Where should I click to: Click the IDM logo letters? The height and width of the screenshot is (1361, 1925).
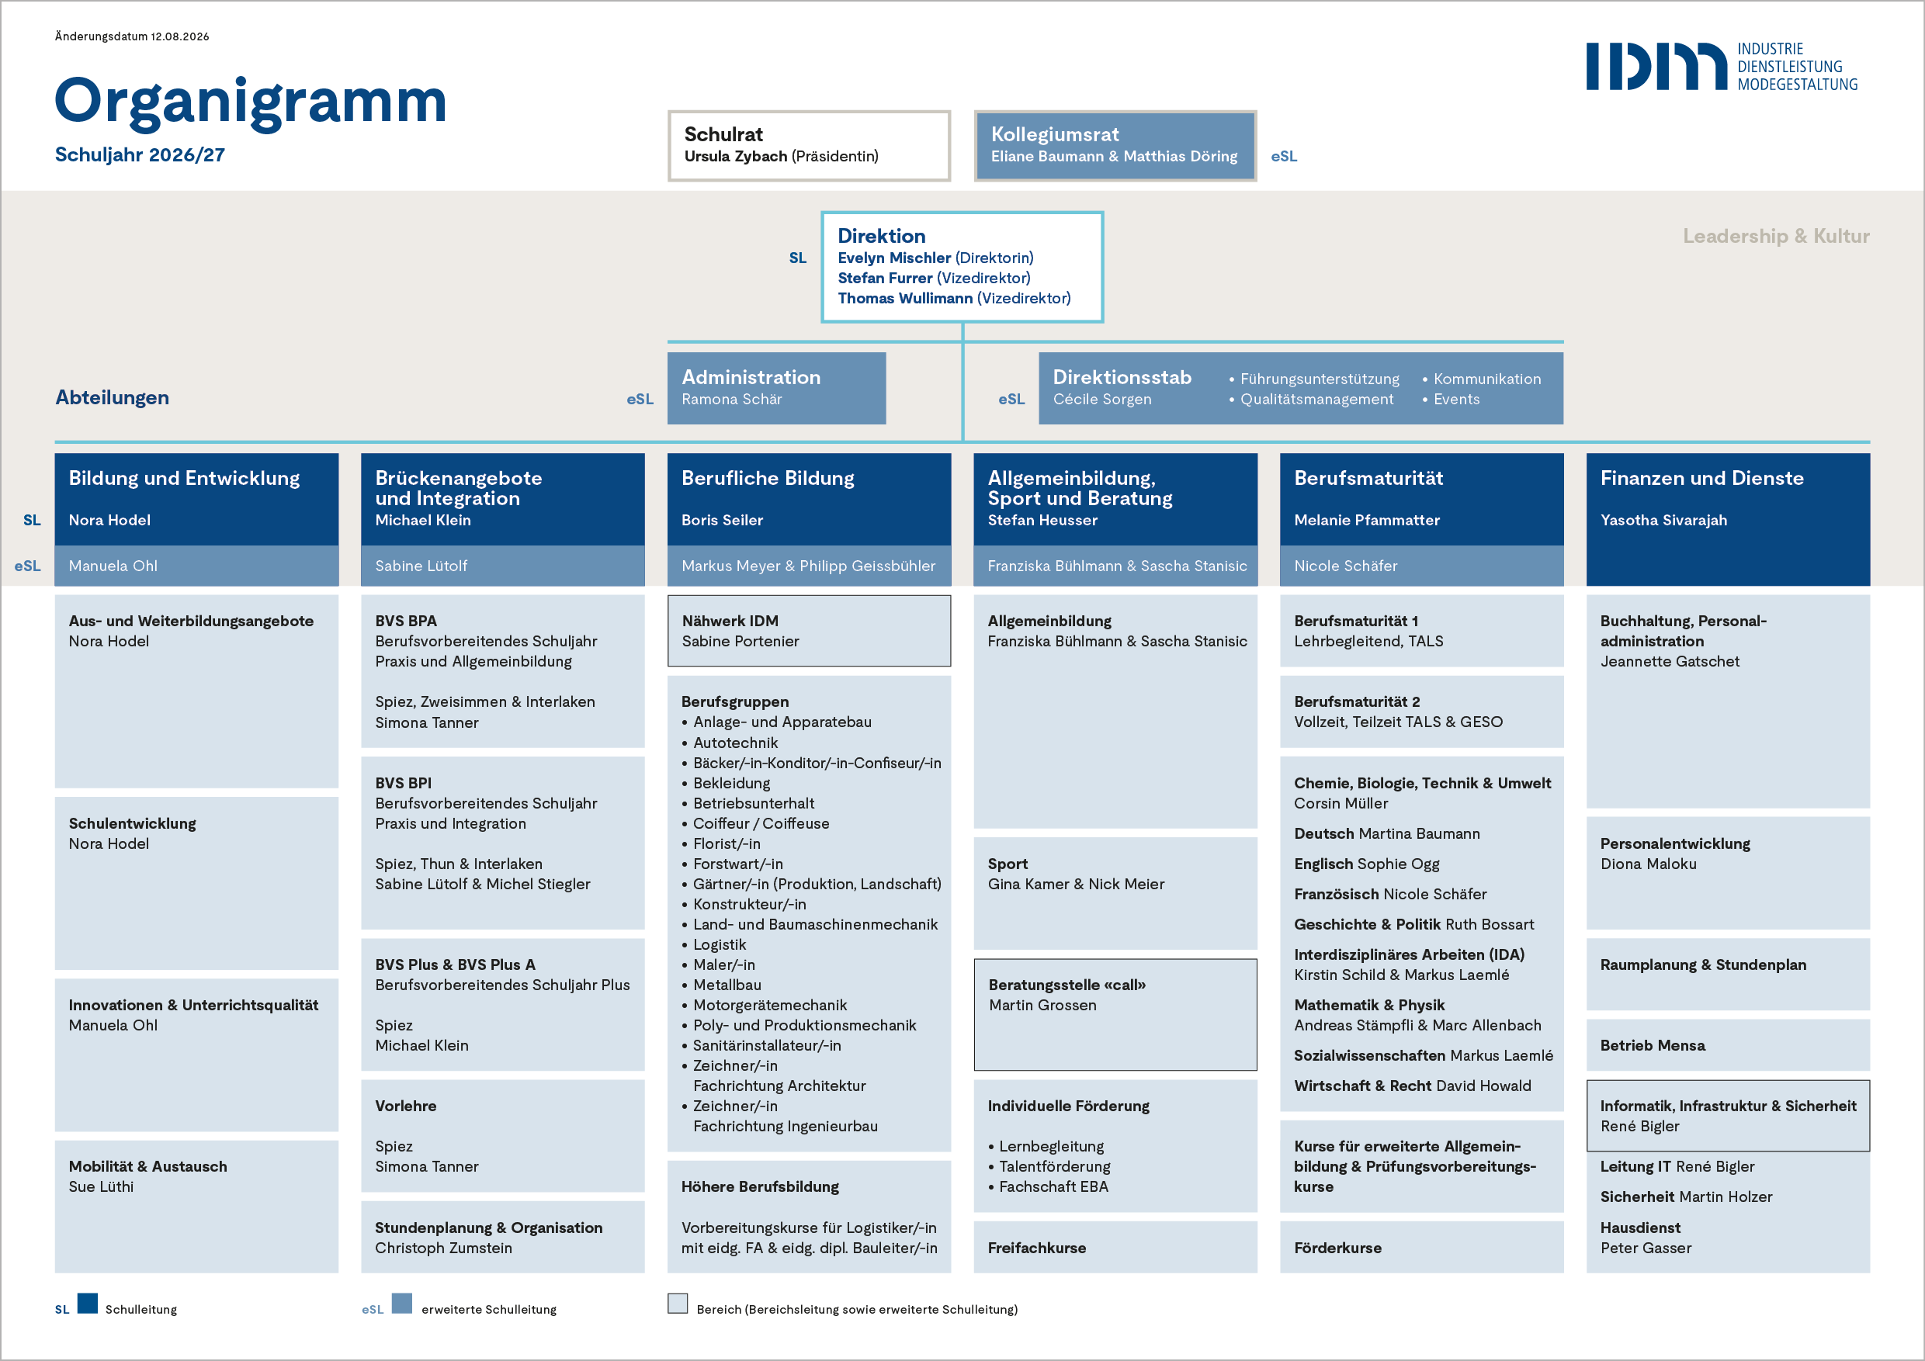[1656, 66]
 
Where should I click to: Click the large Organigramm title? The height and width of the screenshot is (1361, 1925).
[251, 102]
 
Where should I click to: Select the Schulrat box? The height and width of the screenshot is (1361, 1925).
[809, 146]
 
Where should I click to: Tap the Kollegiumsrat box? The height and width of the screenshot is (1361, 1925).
[1115, 146]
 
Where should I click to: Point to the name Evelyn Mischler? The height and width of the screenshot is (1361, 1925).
[893, 258]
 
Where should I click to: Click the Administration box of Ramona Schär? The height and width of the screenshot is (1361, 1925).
[776, 388]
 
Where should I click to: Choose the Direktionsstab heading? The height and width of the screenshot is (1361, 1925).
[1122, 377]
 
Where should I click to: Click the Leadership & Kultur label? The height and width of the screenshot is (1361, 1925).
[1776, 237]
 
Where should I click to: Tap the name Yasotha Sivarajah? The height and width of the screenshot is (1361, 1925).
[1663, 520]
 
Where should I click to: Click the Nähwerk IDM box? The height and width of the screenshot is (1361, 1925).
[809, 631]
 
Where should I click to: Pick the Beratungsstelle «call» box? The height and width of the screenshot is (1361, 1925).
[1115, 1015]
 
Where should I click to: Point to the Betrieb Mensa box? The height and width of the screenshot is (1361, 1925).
[1728, 1045]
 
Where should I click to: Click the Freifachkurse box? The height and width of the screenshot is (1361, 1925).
[1115, 1247]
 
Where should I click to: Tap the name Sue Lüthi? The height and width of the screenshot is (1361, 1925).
[102, 1186]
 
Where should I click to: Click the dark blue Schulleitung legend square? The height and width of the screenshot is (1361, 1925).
[87, 1303]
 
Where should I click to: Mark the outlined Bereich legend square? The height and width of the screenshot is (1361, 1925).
[678, 1303]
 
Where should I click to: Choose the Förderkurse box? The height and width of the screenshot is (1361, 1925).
[1422, 1247]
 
